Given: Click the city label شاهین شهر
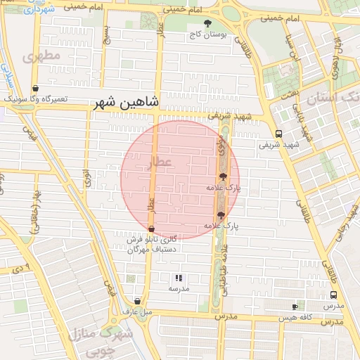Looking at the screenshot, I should tap(127, 103).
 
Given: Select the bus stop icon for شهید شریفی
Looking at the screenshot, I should tap(279, 134).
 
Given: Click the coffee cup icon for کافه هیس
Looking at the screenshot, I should tap(295, 307).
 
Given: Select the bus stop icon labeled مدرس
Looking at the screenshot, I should tap(333, 296).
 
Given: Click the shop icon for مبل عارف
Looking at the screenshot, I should tap(137, 302).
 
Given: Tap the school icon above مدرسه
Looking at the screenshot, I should tap(178, 278).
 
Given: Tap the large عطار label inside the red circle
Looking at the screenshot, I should tap(162, 163).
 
